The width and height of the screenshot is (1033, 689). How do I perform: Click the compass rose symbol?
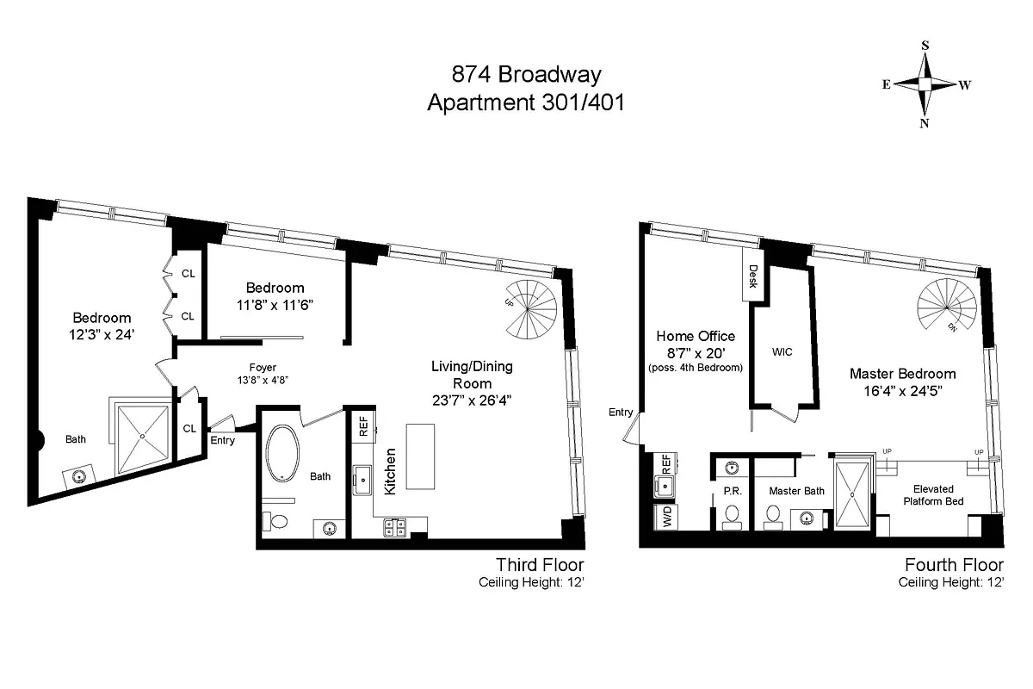(925, 84)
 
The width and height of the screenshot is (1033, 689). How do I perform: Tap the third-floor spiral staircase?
(530, 309)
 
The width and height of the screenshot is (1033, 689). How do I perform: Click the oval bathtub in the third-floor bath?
(282, 453)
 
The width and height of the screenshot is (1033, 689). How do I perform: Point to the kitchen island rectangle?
(420, 456)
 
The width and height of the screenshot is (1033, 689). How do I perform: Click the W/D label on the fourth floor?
(667, 517)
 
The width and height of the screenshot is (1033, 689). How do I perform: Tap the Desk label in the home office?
(752, 276)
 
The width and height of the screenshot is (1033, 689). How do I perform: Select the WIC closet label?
(782, 352)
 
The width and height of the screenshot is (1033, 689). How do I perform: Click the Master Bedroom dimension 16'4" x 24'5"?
(902, 391)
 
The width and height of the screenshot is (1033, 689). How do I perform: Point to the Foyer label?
(263, 368)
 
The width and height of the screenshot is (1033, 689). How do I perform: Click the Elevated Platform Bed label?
(933, 495)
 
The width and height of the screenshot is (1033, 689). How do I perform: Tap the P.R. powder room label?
(733, 491)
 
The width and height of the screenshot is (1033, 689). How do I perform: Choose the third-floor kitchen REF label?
(363, 427)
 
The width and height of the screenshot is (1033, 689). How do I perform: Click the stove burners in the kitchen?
(395, 527)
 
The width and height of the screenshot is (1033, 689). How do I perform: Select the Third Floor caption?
(540, 565)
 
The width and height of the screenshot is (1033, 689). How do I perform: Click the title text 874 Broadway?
(526, 74)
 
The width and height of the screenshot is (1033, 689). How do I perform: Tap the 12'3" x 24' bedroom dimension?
(102, 334)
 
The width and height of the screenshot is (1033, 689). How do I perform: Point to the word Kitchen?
(390, 472)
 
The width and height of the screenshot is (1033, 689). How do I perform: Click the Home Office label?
(696, 336)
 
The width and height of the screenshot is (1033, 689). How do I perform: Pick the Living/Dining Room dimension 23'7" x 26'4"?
(472, 400)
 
